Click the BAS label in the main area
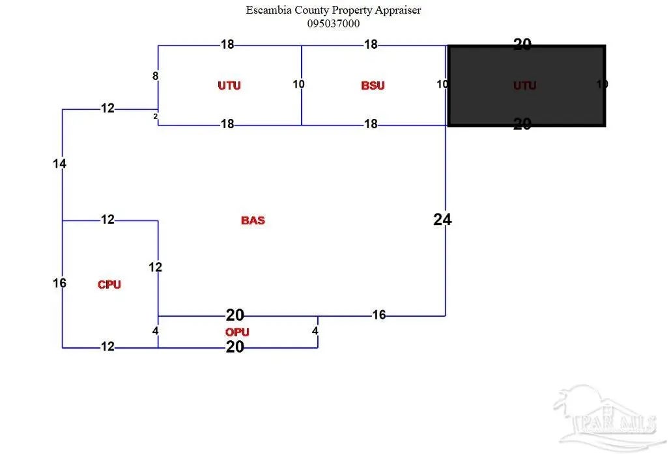pyautogui.click(x=253, y=220)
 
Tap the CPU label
pyautogui.click(x=109, y=284)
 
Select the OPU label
pyautogui.click(x=237, y=332)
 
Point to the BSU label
pyautogui.click(x=373, y=85)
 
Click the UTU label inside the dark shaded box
pyautogui.click(x=524, y=85)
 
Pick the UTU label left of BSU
pyautogui.click(x=229, y=85)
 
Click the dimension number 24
pyautogui.click(x=442, y=220)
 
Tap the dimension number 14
pyautogui.click(x=60, y=164)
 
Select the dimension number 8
pyautogui.click(x=155, y=76)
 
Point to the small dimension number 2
pyautogui.click(x=155, y=116)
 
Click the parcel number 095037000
pyautogui.click(x=334, y=23)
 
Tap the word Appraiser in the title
pyautogui.click(x=399, y=10)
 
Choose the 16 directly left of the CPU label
pyautogui.click(x=60, y=283)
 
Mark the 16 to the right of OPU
pyautogui.click(x=379, y=315)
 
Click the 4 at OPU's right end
pyautogui.click(x=315, y=330)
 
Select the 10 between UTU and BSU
pyautogui.click(x=299, y=84)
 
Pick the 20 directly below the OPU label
pyautogui.click(x=235, y=347)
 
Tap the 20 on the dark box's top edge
pyautogui.click(x=522, y=44)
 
